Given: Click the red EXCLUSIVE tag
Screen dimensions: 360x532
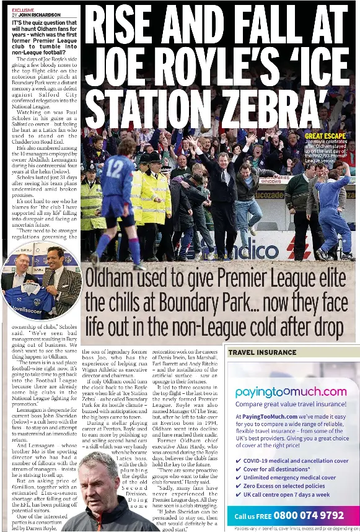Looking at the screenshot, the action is pyautogui.click(x=23, y=10).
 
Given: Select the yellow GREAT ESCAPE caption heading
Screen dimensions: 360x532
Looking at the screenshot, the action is pyautogui.click(x=325, y=136).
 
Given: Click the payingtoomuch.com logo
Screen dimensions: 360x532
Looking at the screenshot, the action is pyautogui.click(x=291, y=391).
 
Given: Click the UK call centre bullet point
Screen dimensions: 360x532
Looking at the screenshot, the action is pyautogui.click(x=286, y=495).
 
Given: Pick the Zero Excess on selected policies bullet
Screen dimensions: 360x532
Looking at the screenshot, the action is pyautogui.click(x=284, y=486).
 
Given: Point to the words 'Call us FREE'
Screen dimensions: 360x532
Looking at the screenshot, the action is pyautogui.click(x=253, y=516).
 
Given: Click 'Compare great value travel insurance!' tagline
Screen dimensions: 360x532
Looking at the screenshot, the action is pyautogui.click(x=291, y=404).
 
